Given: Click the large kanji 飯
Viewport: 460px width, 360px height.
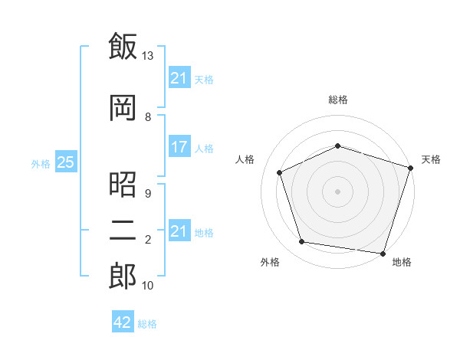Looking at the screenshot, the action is point(123,46).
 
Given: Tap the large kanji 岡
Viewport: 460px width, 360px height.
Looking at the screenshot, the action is point(123,107).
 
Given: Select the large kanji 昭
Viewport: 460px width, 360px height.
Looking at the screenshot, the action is point(123,185).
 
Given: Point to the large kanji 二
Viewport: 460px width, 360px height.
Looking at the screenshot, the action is point(123,231).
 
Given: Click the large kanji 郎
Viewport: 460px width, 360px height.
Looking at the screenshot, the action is point(123,276).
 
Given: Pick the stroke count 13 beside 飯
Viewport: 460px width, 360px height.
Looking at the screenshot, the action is point(147,56).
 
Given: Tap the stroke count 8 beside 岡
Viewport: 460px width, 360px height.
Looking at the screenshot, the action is point(148,117).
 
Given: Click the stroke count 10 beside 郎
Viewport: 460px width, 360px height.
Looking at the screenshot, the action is point(147,285).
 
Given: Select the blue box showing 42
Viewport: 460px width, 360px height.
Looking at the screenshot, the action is point(123,321).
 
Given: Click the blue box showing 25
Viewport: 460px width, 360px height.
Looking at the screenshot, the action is point(66,162).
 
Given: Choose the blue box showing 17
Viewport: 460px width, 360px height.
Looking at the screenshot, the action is point(179,146).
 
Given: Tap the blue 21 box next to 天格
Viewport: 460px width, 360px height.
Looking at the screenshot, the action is point(179,77).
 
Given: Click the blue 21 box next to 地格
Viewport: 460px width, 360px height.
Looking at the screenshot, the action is point(179,230).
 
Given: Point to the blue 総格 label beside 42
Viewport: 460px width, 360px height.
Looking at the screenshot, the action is point(147,324).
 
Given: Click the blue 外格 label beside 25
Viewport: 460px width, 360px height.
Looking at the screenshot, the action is point(41,164).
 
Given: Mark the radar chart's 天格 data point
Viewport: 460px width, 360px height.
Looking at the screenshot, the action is point(411,168).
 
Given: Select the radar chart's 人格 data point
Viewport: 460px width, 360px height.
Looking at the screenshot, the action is point(280,172).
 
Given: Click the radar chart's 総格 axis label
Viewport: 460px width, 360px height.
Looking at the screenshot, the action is point(338,100).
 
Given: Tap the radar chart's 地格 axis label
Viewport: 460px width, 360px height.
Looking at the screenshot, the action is point(402,262).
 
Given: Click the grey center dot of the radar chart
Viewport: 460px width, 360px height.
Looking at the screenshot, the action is point(337,191).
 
